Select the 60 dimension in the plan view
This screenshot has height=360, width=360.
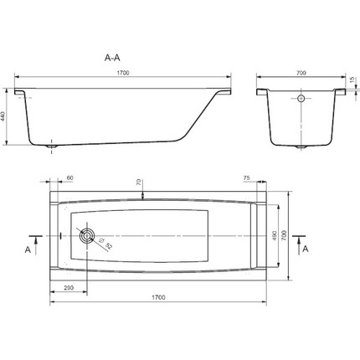(x=69, y=179)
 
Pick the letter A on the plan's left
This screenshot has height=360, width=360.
(x=28, y=249)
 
